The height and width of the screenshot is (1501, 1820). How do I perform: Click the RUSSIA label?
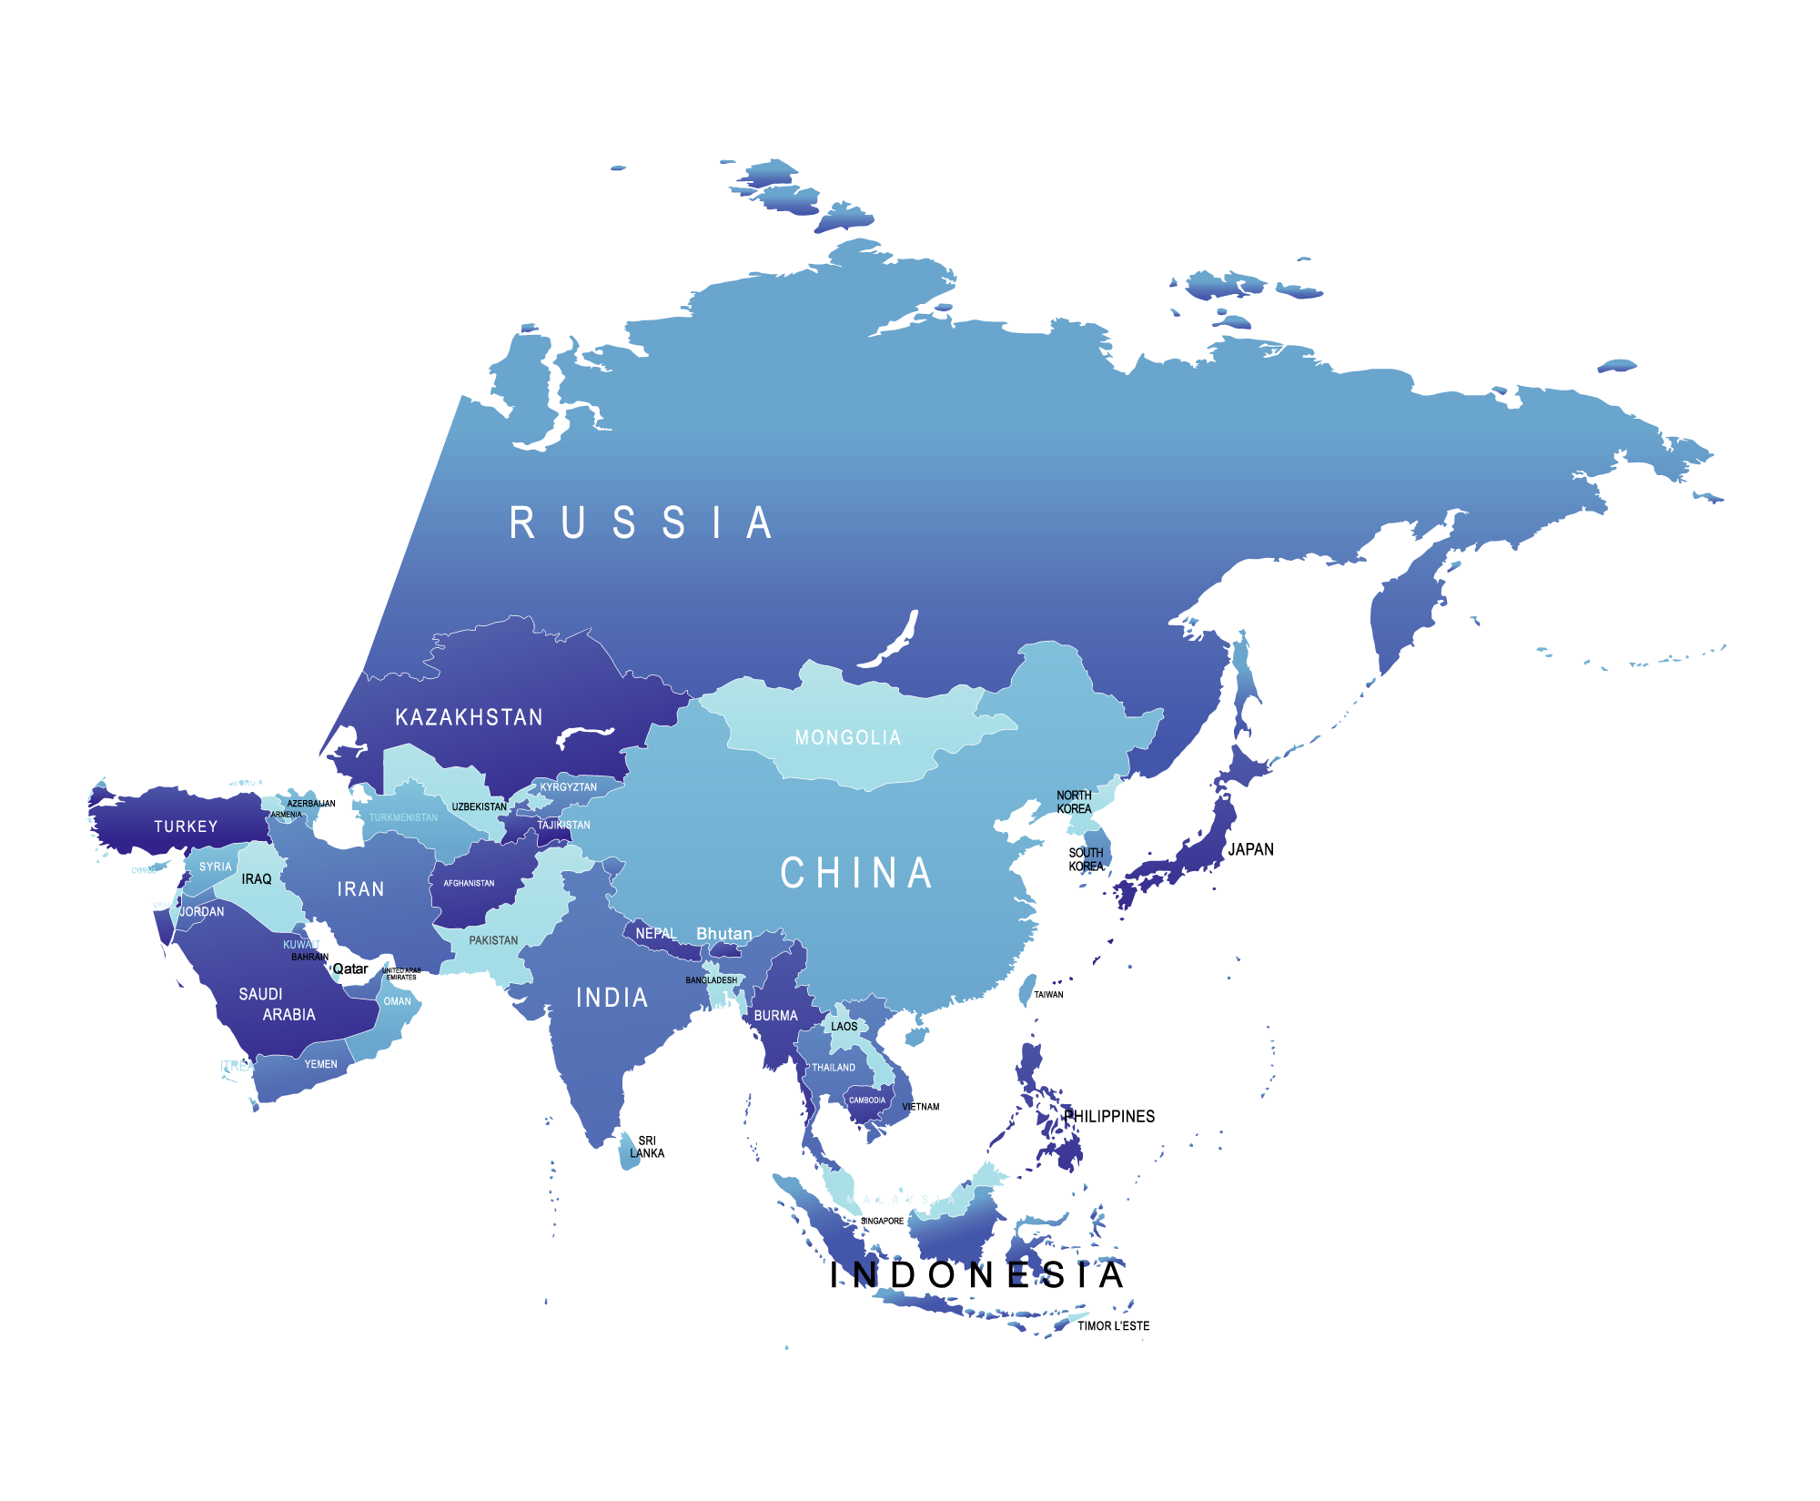tap(641, 523)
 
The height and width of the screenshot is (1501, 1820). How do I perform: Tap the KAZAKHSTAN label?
tap(469, 717)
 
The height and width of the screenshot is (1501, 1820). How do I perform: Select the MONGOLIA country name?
tap(848, 737)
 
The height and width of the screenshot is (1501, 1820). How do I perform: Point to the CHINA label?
tap(856, 873)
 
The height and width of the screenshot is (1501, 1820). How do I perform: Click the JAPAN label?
tap(1251, 849)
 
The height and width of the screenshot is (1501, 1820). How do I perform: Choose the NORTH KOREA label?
tap(1074, 802)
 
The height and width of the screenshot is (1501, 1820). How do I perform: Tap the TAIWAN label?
tap(1048, 995)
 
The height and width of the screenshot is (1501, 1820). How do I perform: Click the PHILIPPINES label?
tap(1110, 1116)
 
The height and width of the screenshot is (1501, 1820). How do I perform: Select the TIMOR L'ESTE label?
tap(1113, 1326)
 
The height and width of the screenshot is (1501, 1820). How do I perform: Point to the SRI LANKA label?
tap(647, 1147)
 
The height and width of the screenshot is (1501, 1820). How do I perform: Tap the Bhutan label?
tap(724, 934)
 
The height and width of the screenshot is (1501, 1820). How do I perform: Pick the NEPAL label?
tap(655, 934)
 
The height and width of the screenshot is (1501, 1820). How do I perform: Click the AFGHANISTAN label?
tap(469, 883)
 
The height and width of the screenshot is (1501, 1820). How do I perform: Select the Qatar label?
tap(350, 969)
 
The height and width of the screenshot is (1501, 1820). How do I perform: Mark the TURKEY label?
tap(186, 827)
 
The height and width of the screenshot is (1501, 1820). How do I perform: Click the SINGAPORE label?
tap(882, 1222)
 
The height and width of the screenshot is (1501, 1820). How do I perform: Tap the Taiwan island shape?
tap(1026, 990)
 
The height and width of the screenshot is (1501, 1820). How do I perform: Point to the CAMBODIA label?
tap(866, 1100)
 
